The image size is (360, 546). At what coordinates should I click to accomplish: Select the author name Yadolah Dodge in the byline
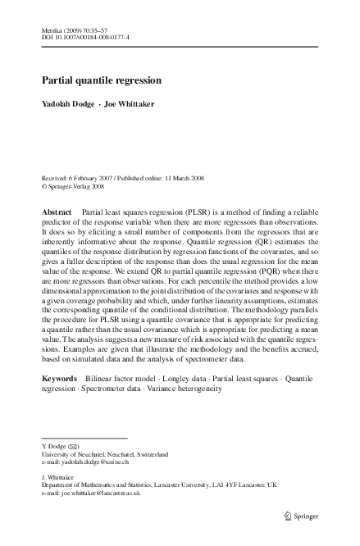(66, 105)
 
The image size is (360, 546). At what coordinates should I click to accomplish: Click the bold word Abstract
(57, 212)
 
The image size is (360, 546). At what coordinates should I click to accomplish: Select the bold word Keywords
(60, 379)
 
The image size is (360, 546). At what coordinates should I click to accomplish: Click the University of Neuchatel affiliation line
(105, 454)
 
